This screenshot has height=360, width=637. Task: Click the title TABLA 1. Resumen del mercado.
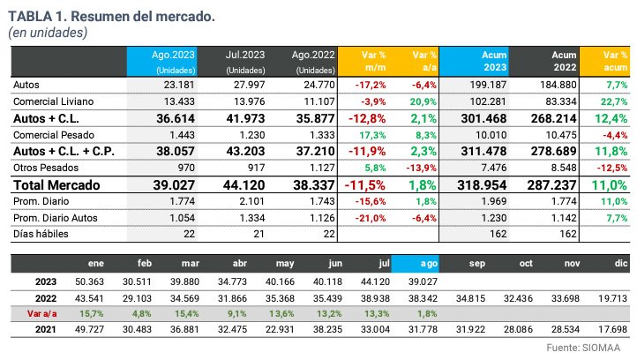pyautogui.click(x=113, y=16)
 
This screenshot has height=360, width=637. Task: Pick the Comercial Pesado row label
pyautogui.click(x=54, y=135)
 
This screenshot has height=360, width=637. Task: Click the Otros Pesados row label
pyautogui.click(x=44, y=168)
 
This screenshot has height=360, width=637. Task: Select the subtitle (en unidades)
pyautogui.click(x=48, y=33)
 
